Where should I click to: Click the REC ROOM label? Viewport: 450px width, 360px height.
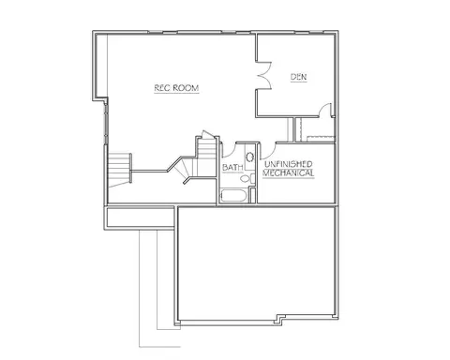pyautogui.click(x=176, y=88)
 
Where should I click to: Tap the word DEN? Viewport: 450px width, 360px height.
pyautogui.click(x=299, y=77)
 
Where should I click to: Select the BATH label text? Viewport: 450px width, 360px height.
pyautogui.click(x=232, y=168)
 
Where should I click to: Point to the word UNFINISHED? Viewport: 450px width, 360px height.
pyautogui.click(x=289, y=164)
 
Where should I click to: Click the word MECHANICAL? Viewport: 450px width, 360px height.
pyautogui.click(x=289, y=172)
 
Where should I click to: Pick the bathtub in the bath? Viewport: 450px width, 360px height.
pyautogui.click(x=234, y=196)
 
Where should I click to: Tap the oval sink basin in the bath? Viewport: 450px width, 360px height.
pyautogui.click(x=249, y=157)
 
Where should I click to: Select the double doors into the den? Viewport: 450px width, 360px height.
pyautogui.click(x=264, y=76)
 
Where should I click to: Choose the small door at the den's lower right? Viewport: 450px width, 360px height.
pyautogui.click(x=325, y=110)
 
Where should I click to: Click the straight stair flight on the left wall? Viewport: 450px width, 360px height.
pyautogui.click(x=119, y=168)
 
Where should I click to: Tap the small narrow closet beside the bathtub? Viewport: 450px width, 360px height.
pyautogui.click(x=253, y=195)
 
